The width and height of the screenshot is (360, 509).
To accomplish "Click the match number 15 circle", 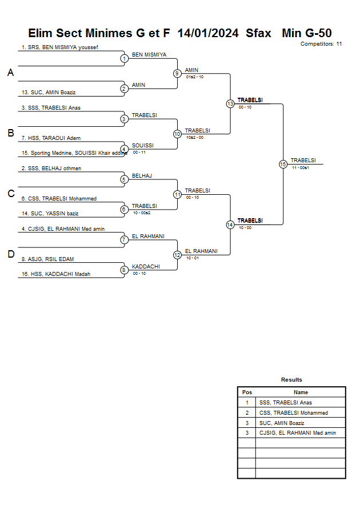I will click(x=283, y=164).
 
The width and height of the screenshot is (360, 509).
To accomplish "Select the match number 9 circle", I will click(x=177, y=73).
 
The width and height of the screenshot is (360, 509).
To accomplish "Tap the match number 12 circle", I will click(x=177, y=255).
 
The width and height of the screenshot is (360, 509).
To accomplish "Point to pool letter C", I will click(x=11, y=194).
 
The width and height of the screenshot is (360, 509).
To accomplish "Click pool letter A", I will click(x=11, y=73).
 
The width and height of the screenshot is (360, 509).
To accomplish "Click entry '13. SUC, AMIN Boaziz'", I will click(x=49, y=92).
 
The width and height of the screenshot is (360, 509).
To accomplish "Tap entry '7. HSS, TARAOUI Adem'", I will click(x=50, y=138).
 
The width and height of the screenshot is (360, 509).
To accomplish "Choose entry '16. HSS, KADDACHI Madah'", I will click(x=55, y=274).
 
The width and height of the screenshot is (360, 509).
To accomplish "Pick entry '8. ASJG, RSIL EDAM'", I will click(x=47, y=259).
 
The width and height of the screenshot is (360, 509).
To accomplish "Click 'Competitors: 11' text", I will click(x=321, y=43).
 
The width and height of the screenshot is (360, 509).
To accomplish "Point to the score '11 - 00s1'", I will click(x=300, y=168).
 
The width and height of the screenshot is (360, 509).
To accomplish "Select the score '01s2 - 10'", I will click(x=194, y=77).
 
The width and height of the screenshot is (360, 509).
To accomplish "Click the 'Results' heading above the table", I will click(x=291, y=379).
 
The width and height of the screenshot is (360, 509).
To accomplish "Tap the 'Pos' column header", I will click(x=247, y=392).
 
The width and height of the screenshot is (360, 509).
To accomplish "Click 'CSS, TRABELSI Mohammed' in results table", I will click(x=293, y=413).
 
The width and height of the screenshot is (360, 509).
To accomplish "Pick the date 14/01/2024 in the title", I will click(x=208, y=33).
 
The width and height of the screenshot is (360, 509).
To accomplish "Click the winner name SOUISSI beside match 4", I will click(x=143, y=145).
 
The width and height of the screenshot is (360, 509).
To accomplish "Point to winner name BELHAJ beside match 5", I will click(x=142, y=175).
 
